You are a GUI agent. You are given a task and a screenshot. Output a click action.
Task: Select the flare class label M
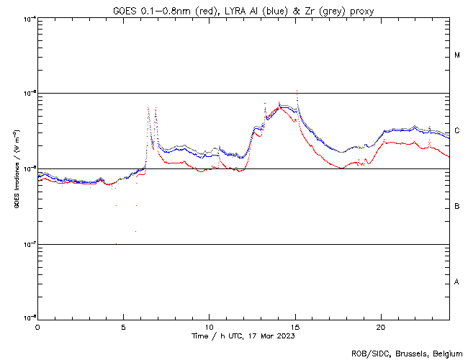coord(457,55)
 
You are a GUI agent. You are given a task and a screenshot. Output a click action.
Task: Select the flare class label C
coord(457,131)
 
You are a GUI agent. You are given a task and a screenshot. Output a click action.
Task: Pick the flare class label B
coord(457,207)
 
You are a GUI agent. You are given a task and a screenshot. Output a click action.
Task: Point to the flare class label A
coord(457,282)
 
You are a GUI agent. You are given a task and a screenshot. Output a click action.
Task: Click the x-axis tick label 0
coord(37,326)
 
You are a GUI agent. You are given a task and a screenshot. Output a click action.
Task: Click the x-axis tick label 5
coord(123,326)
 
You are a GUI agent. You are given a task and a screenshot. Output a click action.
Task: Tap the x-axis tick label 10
coord(209,326)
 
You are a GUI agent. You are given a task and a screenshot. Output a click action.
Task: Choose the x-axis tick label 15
coord(294,326)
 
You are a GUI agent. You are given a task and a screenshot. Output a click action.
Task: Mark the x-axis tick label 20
coord(380,326)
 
